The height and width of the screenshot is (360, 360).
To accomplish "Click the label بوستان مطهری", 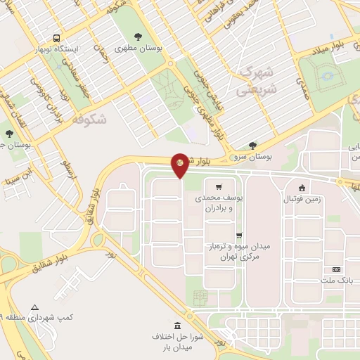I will pyautogui.click(x=137, y=47).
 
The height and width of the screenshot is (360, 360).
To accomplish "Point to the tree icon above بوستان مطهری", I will pyautogui.click(x=137, y=36).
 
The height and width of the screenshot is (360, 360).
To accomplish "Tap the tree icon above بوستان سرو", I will pyautogui.click(x=252, y=146).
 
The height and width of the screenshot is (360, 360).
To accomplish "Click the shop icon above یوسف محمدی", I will pyautogui.click(x=219, y=188).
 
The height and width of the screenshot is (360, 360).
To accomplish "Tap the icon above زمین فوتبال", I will pyautogui.click(x=302, y=188).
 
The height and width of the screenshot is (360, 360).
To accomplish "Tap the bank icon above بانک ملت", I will pyautogui.click(x=335, y=270).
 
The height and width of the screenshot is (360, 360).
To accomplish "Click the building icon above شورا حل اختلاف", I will pyautogui.click(x=176, y=326).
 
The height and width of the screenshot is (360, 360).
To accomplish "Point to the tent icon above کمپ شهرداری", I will pyautogui.click(x=35, y=307).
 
